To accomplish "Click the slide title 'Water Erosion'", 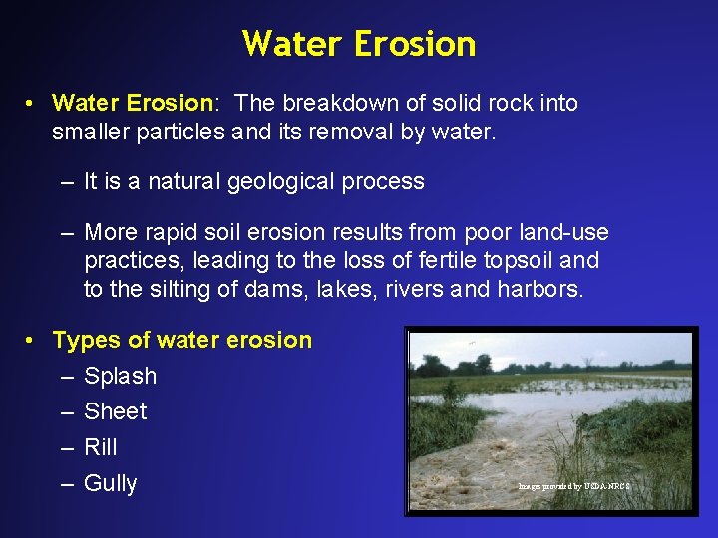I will point(359,44).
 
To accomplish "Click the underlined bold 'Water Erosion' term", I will point(133,103).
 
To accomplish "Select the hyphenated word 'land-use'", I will point(563,233).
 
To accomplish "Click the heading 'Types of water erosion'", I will point(181,340).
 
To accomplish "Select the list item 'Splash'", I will point(120,376).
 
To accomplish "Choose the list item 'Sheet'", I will point(115,411).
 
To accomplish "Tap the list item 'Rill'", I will point(101,447).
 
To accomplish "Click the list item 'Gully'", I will point(111,483).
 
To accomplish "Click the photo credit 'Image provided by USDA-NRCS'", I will point(574,486).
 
